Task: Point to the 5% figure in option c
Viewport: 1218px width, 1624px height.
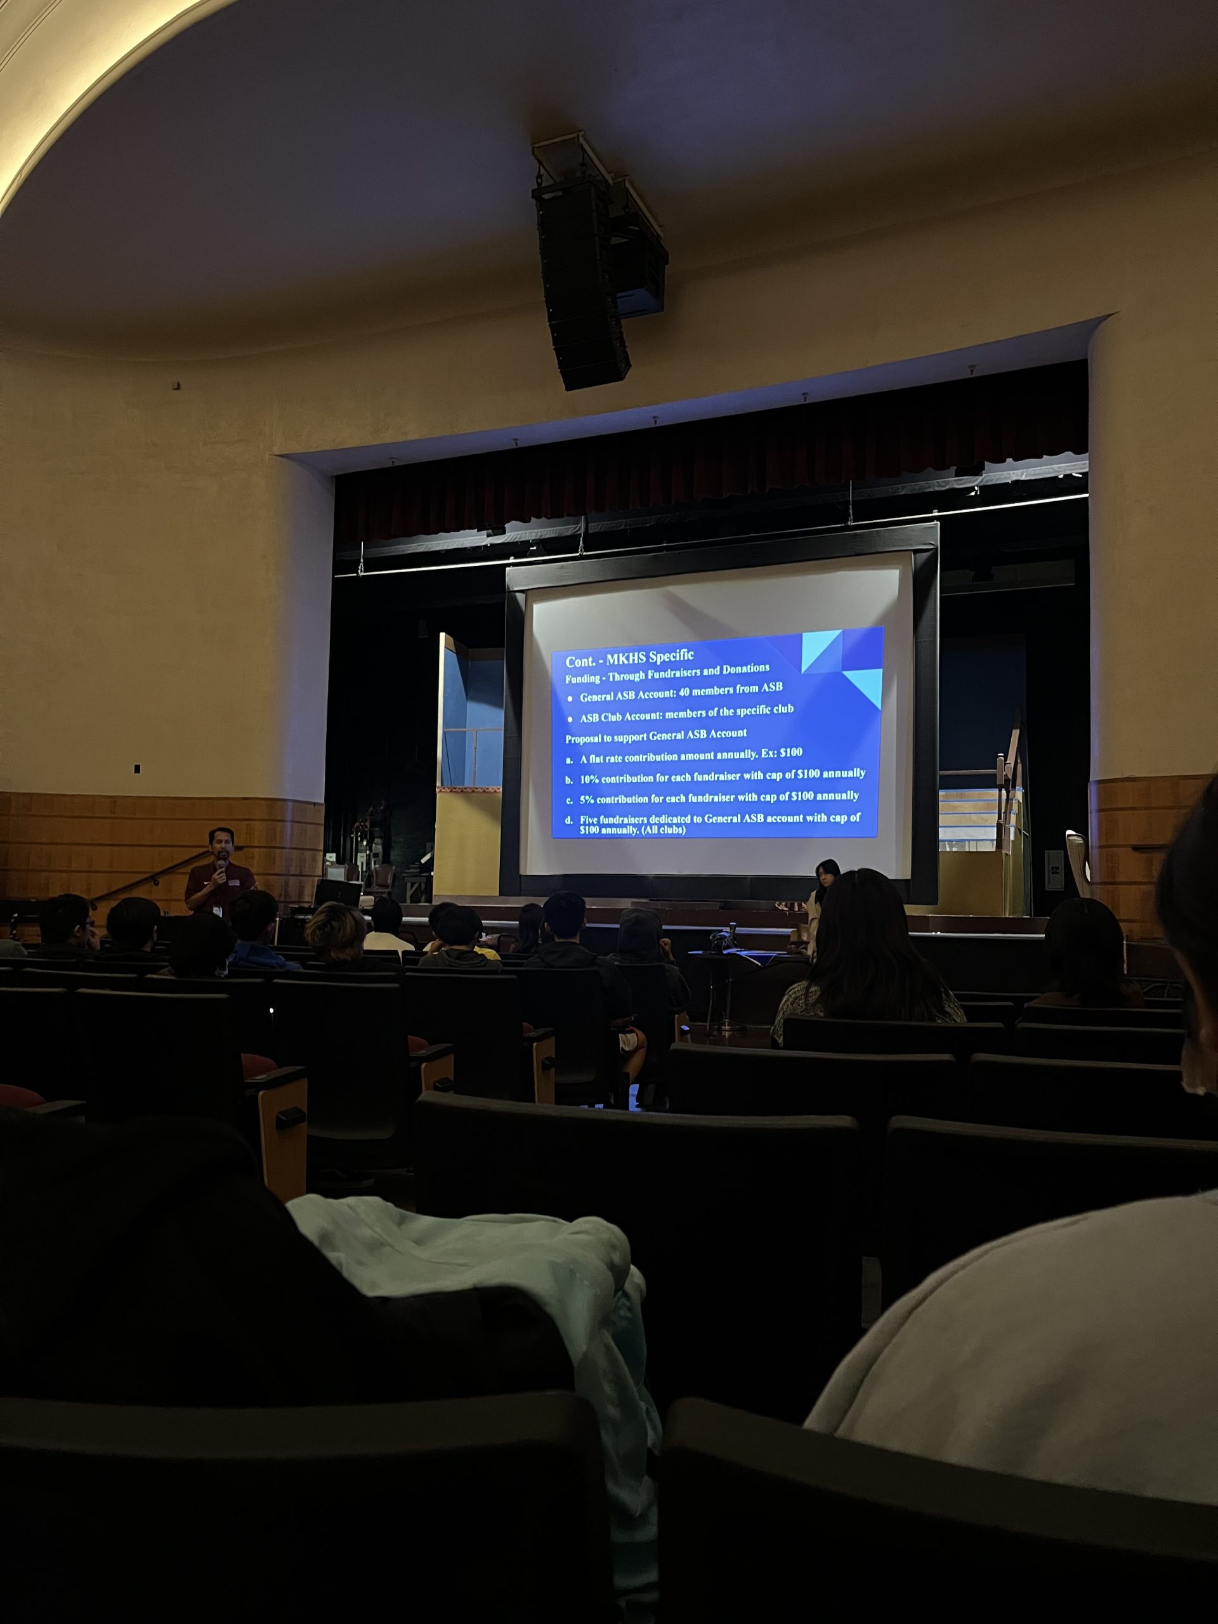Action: tap(586, 799)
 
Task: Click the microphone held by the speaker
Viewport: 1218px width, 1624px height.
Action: tap(221, 868)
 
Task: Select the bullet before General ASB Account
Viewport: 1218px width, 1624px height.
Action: tap(569, 698)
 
